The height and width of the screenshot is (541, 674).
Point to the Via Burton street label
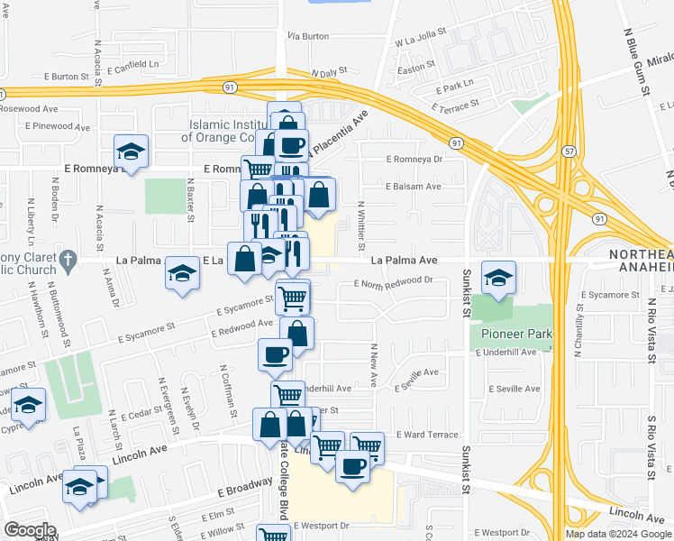pyautogui.click(x=308, y=36)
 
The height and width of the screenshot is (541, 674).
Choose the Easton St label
pyautogui.click(x=416, y=68)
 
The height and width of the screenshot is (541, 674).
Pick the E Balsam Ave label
pyautogui.click(x=413, y=187)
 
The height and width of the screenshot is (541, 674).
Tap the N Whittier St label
pyautogui.click(x=360, y=225)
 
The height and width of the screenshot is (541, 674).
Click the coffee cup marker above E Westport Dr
pyautogui.click(x=352, y=467)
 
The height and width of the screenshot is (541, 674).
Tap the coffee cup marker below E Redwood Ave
pyautogui.click(x=275, y=354)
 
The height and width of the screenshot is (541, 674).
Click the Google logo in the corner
pyautogui.click(x=30, y=530)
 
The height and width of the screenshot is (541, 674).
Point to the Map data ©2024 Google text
pyautogui.click(x=617, y=534)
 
